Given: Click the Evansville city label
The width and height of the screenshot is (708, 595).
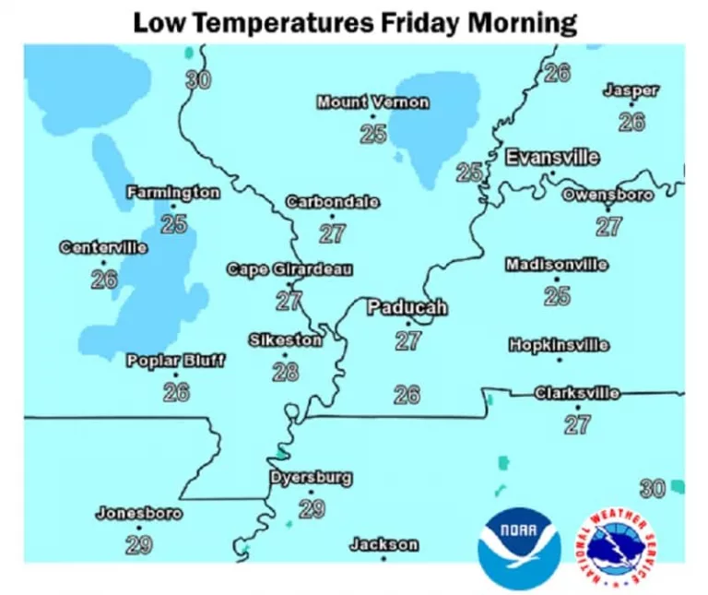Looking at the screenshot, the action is (x=552, y=157).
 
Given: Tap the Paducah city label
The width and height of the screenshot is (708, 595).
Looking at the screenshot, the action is (x=407, y=307).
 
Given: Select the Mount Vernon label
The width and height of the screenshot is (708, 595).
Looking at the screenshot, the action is (x=372, y=101).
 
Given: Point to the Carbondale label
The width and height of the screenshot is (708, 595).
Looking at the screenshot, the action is (x=332, y=202).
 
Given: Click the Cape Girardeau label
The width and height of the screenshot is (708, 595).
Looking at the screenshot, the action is (x=289, y=269).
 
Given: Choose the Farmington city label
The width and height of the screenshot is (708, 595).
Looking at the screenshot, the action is (x=173, y=193).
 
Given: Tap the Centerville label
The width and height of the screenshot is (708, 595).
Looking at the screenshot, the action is (x=103, y=247).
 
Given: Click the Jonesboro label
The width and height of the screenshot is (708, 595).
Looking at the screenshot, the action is (x=138, y=514).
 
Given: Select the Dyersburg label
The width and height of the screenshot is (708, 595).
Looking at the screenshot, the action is (x=311, y=478).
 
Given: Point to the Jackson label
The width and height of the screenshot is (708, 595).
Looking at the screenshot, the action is (x=383, y=545).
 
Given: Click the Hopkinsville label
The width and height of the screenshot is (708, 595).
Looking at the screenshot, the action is (x=559, y=345).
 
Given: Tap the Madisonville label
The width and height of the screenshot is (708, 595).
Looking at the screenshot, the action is (x=556, y=265).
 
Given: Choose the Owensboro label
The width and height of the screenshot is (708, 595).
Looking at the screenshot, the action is (x=608, y=195).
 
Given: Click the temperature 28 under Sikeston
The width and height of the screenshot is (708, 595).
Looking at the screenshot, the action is (x=286, y=372).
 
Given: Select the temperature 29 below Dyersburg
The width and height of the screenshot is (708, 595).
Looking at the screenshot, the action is (x=312, y=508).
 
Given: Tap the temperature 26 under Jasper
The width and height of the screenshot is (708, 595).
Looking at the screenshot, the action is (x=631, y=122).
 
